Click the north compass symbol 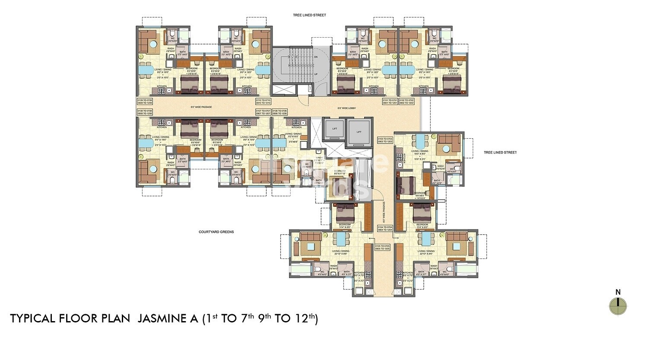coord(618,306)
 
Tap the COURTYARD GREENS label coord(216,232)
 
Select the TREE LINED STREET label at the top coord(309,15)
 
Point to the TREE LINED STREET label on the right coord(500,153)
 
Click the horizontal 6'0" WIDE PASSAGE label coord(201,107)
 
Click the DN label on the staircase coord(315,57)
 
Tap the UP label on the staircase coord(315,74)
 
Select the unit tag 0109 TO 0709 coord(145,100)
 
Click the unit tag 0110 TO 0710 coord(263,100)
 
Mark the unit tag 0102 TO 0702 coord(407,100)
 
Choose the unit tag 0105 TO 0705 coord(384,246)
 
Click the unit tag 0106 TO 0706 coord(280,111)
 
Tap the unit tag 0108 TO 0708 coord(145,111)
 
